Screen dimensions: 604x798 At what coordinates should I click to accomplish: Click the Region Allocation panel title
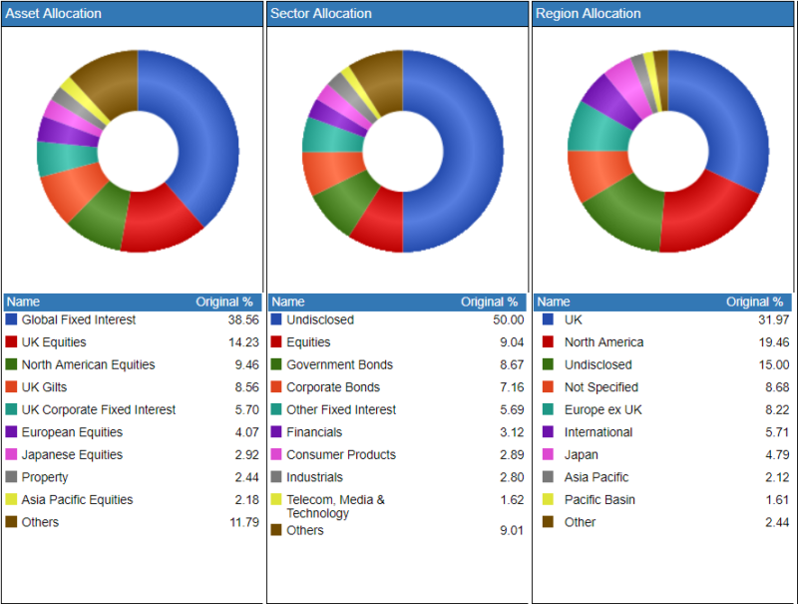588,14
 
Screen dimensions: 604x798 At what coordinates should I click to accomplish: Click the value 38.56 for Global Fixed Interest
242,320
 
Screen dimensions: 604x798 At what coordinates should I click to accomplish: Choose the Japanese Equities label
72,455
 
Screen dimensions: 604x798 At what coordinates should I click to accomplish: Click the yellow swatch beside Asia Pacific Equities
11,500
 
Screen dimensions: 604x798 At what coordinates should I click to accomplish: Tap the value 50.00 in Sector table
508,320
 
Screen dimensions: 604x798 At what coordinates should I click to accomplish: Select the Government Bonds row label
339,365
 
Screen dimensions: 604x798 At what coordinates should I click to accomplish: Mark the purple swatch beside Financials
276,432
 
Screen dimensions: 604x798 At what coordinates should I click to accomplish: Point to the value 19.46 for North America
773,342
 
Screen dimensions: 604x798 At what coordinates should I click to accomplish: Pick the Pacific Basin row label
599,500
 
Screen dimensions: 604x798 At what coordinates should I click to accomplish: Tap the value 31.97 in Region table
773,320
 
